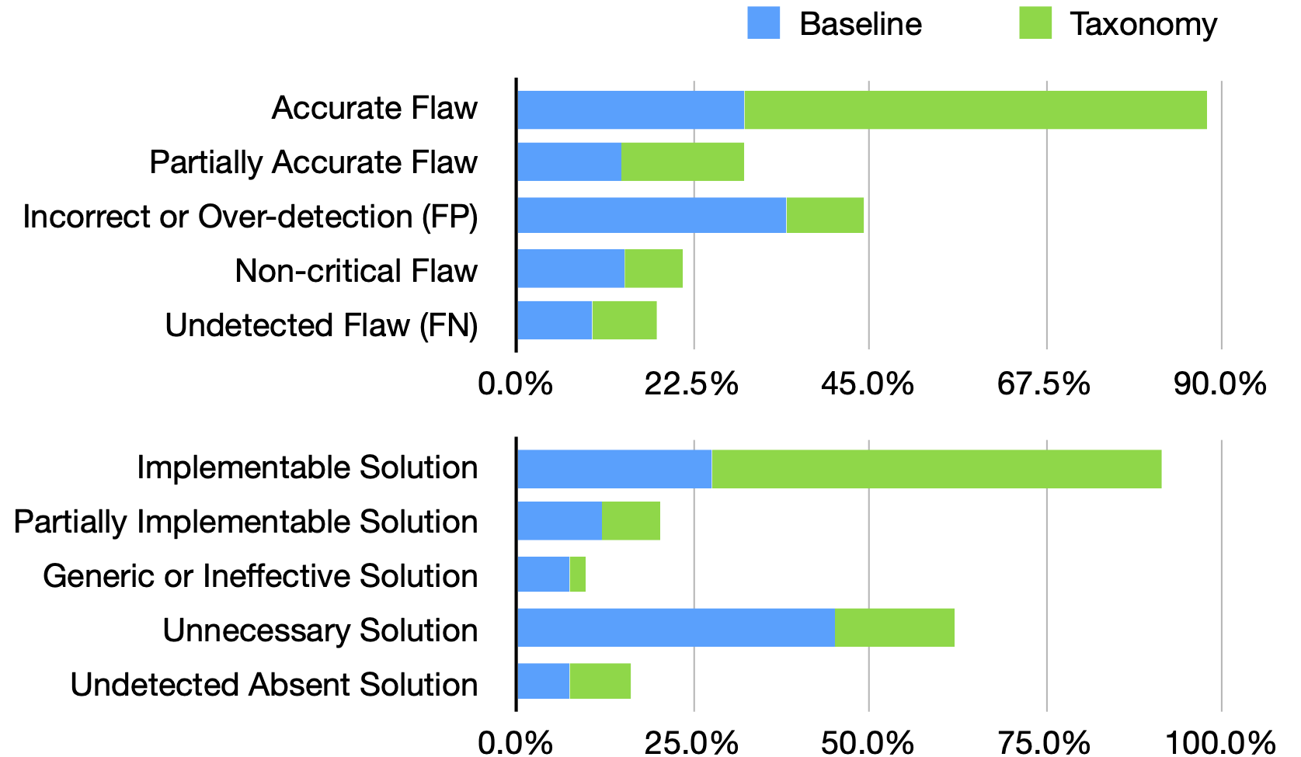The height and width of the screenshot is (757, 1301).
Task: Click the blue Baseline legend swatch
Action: pos(763,23)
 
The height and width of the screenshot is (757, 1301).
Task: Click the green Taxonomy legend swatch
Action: pos(1035,23)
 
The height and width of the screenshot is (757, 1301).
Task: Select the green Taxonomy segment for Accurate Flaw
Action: pos(975,109)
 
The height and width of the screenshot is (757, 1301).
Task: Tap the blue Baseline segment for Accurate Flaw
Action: pos(630,109)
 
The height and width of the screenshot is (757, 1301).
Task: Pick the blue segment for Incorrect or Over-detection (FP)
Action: pos(651,215)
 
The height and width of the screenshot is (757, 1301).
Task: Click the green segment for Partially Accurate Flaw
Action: pos(682,161)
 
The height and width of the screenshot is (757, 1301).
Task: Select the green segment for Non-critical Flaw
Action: pos(653,269)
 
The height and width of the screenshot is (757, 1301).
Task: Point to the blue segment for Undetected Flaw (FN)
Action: pos(554,320)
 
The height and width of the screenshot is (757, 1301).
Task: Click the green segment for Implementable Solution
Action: pos(936,469)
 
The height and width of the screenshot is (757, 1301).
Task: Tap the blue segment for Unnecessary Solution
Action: pos(675,627)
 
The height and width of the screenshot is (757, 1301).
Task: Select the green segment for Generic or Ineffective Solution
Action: pos(577,574)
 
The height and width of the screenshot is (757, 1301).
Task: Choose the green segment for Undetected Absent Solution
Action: pos(600,681)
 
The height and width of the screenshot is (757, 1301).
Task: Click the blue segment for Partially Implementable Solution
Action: pos(559,521)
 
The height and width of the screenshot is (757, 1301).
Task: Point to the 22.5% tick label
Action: pos(691,384)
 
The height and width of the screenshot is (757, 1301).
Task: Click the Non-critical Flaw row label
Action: pos(356,271)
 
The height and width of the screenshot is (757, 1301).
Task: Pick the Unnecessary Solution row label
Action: pos(320,630)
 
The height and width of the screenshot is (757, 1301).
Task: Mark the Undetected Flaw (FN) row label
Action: pos(321,325)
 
